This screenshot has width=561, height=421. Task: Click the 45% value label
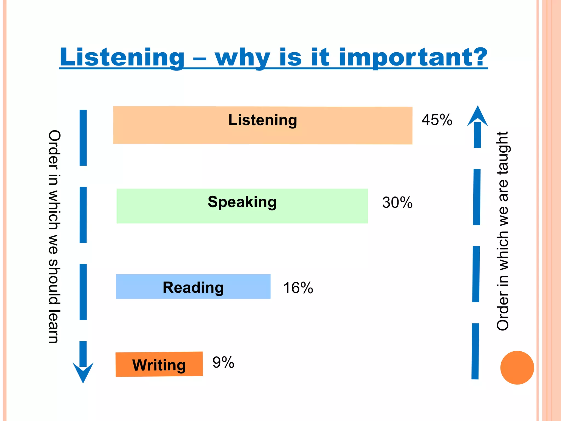(x=437, y=120)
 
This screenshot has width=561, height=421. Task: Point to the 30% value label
(x=397, y=203)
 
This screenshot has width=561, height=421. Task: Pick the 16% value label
(x=298, y=288)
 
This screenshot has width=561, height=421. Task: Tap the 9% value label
(x=223, y=362)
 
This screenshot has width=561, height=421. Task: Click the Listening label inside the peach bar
(x=262, y=120)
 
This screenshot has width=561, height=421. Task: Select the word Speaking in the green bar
(x=242, y=202)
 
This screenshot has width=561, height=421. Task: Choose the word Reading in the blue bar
(x=193, y=288)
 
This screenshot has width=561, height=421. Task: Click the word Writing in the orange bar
(x=159, y=365)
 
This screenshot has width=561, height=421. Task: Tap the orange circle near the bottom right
(x=517, y=368)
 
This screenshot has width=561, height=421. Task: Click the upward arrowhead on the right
(x=477, y=116)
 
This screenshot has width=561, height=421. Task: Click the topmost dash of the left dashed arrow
(x=83, y=138)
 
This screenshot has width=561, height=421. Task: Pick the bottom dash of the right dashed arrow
(x=475, y=351)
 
